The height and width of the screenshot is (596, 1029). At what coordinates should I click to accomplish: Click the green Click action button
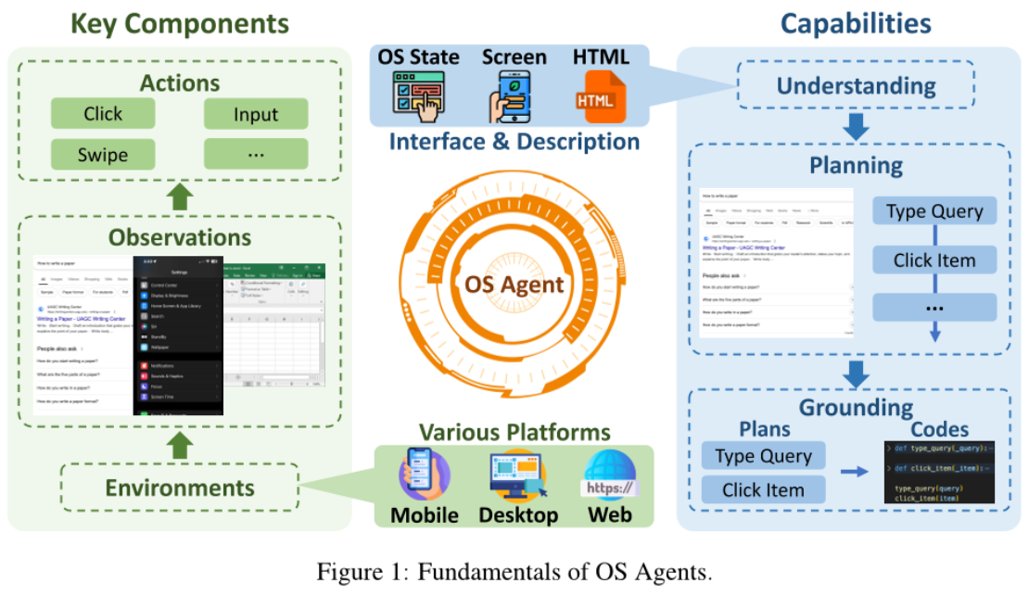tap(103, 114)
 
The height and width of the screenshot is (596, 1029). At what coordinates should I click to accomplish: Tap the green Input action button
tap(256, 114)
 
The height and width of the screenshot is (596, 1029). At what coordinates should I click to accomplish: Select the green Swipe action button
tap(103, 154)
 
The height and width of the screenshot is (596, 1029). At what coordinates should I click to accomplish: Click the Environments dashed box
tap(179, 488)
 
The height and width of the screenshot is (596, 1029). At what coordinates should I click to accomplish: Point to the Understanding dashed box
tap(856, 86)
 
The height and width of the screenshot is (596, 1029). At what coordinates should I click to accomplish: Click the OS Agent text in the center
tap(514, 284)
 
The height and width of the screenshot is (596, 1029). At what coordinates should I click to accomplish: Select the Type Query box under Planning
tap(934, 211)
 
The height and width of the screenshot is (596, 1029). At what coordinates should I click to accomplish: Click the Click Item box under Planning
tap(934, 260)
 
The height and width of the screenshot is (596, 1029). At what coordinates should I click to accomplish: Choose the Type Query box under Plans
tap(763, 456)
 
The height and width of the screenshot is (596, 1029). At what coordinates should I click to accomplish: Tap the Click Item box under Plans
tap(763, 490)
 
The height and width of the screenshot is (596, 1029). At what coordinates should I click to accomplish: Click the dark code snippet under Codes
tap(938, 473)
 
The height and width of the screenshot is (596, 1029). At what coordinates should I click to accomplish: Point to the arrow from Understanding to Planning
tap(856, 127)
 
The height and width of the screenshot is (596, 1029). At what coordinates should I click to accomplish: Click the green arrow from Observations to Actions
tap(179, 196)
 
